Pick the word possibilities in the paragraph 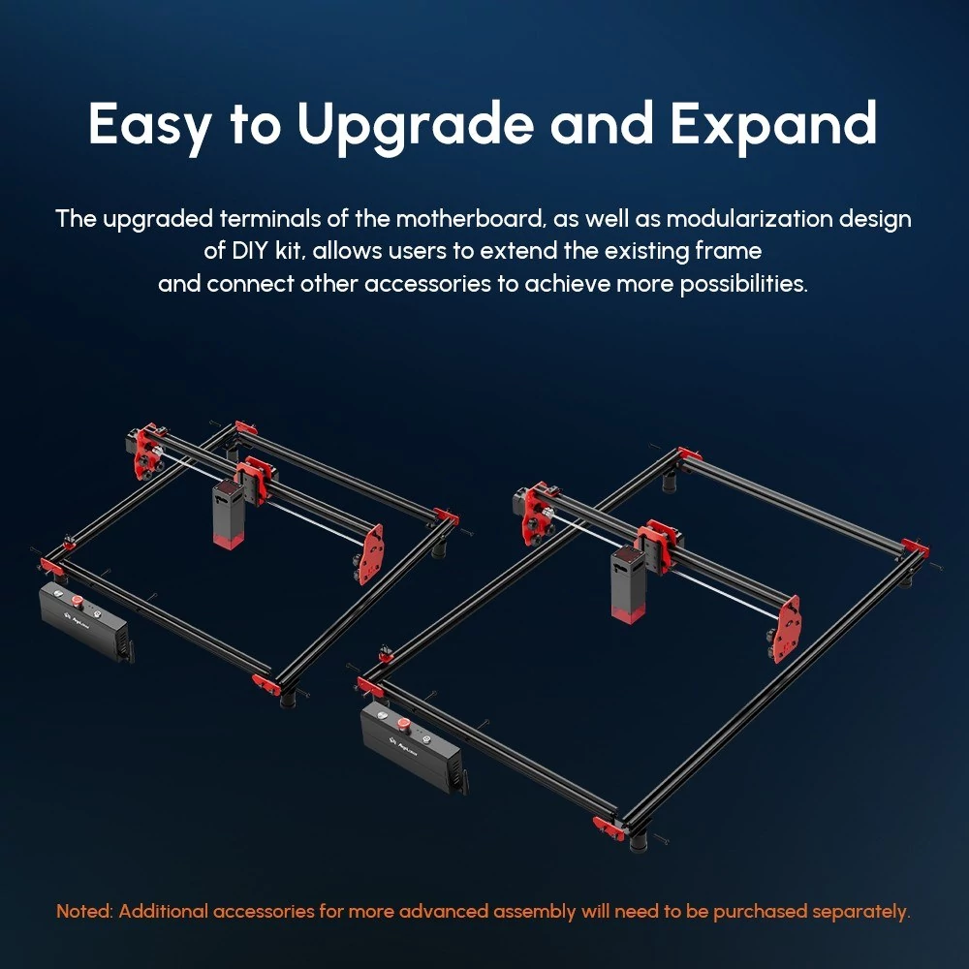(x=744, y=284)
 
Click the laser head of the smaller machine (x=228, y=513)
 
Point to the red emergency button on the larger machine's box (x=403, y=723)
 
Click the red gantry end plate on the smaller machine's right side (x=371, y=554)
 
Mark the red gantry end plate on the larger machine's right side (x=787, y=629)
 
